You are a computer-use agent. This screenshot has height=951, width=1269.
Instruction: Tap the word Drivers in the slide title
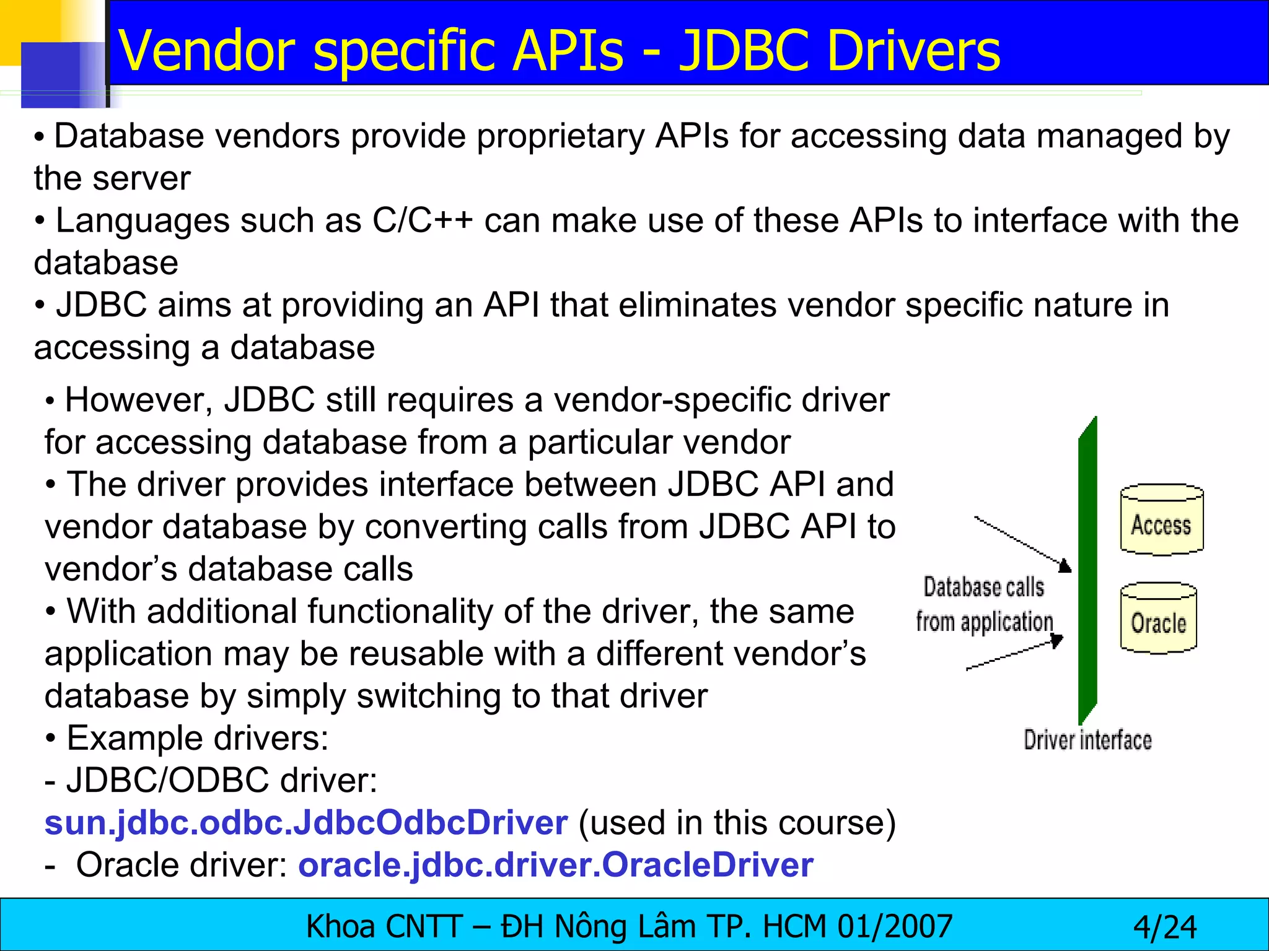[x=913, y=51]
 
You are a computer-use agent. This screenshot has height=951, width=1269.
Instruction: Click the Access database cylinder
[x=1161, y=520]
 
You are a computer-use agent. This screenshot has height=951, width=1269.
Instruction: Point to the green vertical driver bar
[x=1087, y=570]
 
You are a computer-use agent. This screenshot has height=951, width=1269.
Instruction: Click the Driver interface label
[x=1087, y=740]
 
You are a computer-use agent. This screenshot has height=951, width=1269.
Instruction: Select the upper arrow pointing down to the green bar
[x=1022, y=542]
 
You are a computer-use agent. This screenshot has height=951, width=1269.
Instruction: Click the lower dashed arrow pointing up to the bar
[x=1016, y=654]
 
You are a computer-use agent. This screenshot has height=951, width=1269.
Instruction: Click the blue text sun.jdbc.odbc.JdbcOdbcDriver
[x=306, y=823]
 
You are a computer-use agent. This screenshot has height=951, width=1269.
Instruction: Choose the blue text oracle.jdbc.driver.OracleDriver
[x=555, y=865]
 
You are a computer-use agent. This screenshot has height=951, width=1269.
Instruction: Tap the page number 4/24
[x=1165, y=927]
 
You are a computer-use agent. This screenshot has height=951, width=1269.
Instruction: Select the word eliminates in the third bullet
[x=697, y=305]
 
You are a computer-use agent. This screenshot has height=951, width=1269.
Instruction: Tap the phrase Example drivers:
[x=197, y=738]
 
